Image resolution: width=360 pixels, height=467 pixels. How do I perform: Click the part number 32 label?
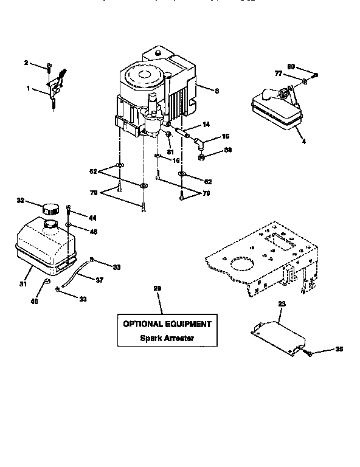coord(20,199)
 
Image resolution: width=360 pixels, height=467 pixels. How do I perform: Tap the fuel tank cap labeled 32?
coord(50,208)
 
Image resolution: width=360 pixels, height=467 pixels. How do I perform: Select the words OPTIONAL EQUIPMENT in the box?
coord(167,324)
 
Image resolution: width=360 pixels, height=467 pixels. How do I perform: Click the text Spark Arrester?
coord(167,339)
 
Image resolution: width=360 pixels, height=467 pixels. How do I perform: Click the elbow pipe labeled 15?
coord(198,144)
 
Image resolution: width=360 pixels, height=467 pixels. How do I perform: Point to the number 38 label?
coord(228,150)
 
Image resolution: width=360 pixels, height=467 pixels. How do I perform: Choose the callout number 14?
coord(206,124)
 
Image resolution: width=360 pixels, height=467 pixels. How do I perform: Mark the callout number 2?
coord(26,63)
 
